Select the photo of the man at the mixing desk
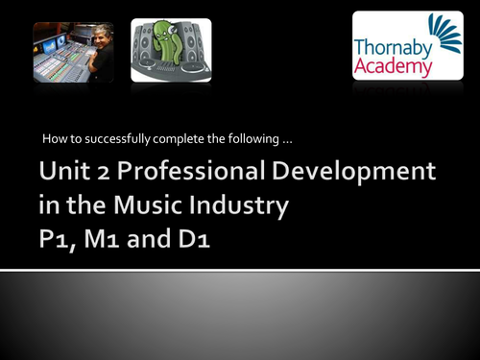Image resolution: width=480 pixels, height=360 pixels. (x=73, y=52)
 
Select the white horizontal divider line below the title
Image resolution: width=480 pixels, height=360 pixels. (x=240, y=271)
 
